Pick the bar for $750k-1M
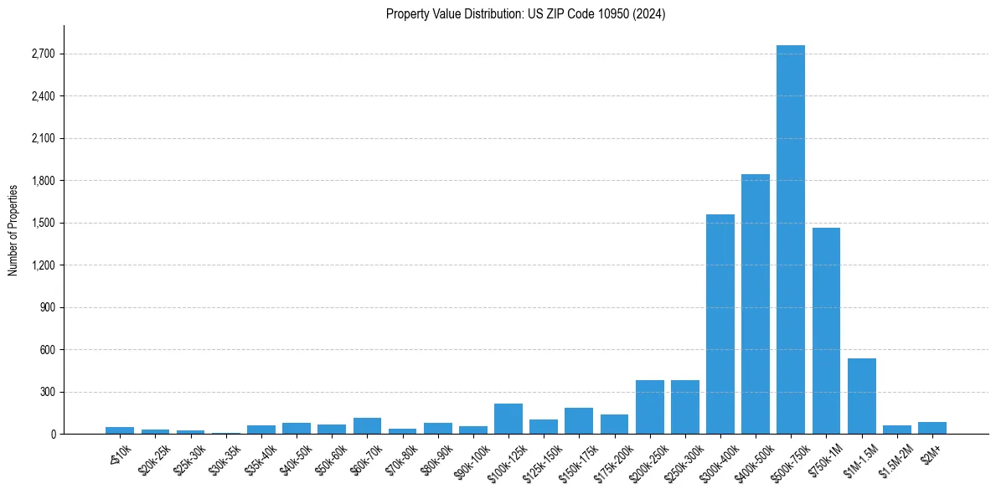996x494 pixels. [826, 331]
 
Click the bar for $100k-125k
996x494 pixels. [508, 419]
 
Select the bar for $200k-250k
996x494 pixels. [649, 407]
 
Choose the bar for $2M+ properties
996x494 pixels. [931, 428]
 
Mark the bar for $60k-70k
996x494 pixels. [367, 425]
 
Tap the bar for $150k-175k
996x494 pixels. [579, 420]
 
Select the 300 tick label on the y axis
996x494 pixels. [48, 392]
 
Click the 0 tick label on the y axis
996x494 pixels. [53, 435]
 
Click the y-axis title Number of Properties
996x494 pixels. [13, 229]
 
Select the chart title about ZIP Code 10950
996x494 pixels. [525, 14]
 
